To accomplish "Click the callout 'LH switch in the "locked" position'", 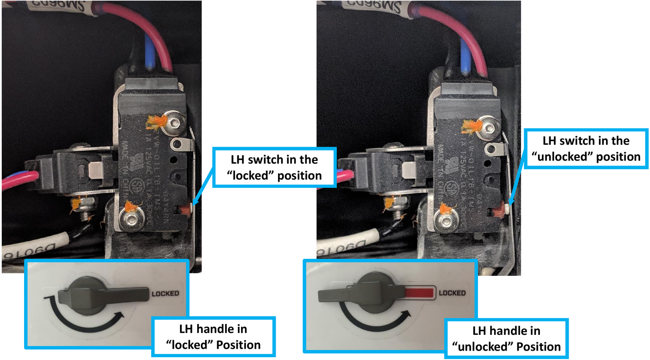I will click(274, 167).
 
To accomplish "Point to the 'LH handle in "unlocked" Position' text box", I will click(506, 338).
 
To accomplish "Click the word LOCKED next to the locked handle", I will click(165, 293).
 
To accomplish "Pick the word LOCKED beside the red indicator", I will click(452, 293).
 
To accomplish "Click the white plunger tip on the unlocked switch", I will click(507, 208).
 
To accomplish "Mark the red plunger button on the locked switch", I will click(186, 209).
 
